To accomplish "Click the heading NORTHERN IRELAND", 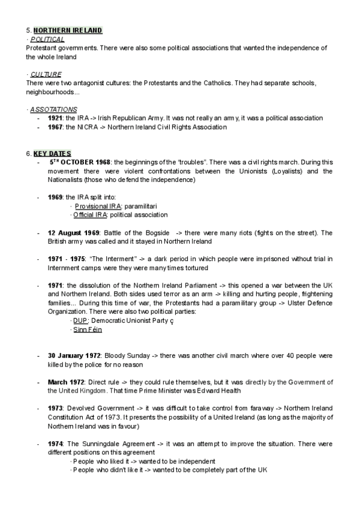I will (x=68, y=30).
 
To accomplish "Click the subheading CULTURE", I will (x=46, y=74).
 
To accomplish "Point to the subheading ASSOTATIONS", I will (x=53, y=110).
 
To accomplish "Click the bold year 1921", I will (x=56, y=118).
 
